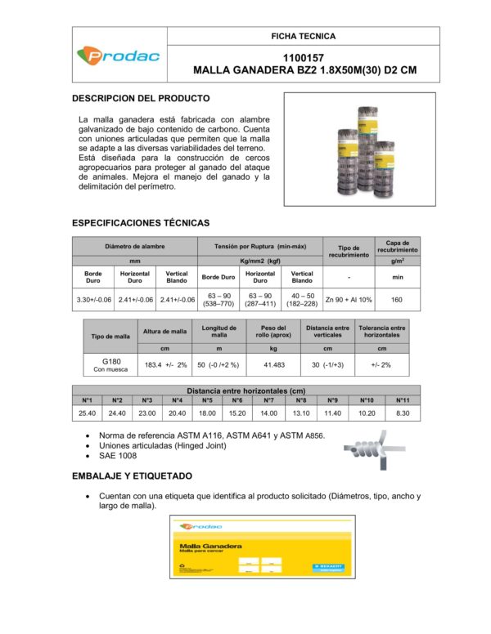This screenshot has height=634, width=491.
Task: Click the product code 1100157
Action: coord(304,58)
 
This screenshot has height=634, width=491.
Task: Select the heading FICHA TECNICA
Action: coord(304,36)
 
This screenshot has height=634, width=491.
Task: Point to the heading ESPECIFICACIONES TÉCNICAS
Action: coord(141,222)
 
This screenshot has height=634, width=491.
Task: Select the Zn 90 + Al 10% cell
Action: coord(348,300)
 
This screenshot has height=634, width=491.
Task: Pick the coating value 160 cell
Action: coord(397,300)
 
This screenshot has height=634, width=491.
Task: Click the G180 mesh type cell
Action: coord(110,364)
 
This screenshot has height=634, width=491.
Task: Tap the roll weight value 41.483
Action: coord(274,364)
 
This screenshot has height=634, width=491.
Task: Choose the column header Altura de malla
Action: coord(165,331)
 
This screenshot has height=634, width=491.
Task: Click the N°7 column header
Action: coord(268,400)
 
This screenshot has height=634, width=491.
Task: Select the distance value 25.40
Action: coord(87,413)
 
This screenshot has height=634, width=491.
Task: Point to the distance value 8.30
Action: coord(403,413)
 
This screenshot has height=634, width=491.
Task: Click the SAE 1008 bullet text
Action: coord(117,456)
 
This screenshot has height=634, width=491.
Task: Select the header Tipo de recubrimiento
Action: coord(348,250)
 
